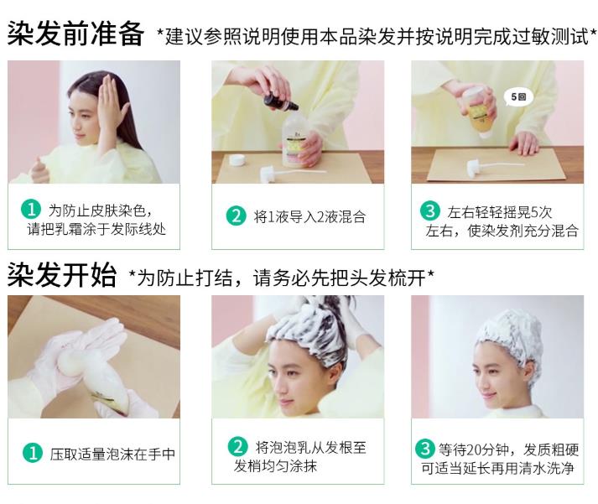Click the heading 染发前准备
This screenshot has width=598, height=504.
[x=75, y=34]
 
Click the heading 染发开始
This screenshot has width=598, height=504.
[x=62, y=274]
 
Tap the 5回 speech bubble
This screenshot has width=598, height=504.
[x=518, y=97]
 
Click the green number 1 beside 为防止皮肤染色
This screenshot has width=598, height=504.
[x=31, y=209]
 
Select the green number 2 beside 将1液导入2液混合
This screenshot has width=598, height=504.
[x=236, y=216]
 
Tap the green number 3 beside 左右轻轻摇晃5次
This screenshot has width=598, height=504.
[x=429, y=210]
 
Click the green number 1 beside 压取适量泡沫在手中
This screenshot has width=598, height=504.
[x=33, y=453]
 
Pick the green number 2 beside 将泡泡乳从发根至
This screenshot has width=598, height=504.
[x=237, y=446]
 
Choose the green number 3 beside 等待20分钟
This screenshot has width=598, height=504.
[x=425, y=449]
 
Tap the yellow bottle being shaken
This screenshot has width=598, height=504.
[x=480, y=112]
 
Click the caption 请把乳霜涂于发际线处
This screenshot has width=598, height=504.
[x=96, y=230]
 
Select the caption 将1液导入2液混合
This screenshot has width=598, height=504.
[x=309, y=216]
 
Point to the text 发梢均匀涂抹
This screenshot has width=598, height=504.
[x=275, y=466]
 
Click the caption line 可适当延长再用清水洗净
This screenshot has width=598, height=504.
[x=497, y=468]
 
